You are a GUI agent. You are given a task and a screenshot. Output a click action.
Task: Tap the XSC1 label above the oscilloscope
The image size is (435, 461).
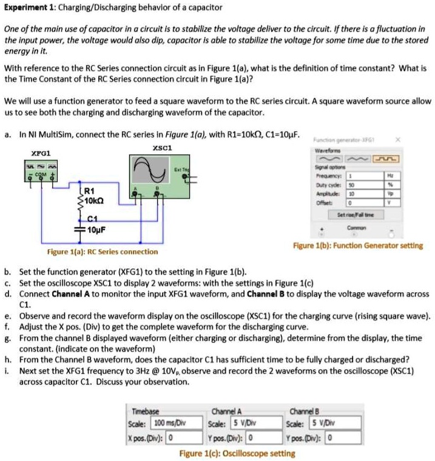(163, 148)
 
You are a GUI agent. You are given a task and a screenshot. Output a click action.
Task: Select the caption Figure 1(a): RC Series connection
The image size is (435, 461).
(102, 251)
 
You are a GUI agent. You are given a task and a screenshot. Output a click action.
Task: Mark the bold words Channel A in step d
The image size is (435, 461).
(65, 293)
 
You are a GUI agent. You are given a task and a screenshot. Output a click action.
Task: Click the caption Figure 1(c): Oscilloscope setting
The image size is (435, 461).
(237, 453)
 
